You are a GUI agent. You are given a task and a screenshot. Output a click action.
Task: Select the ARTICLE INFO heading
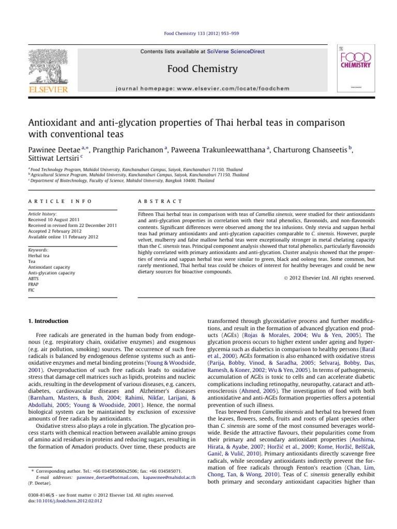coord(59,201)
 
